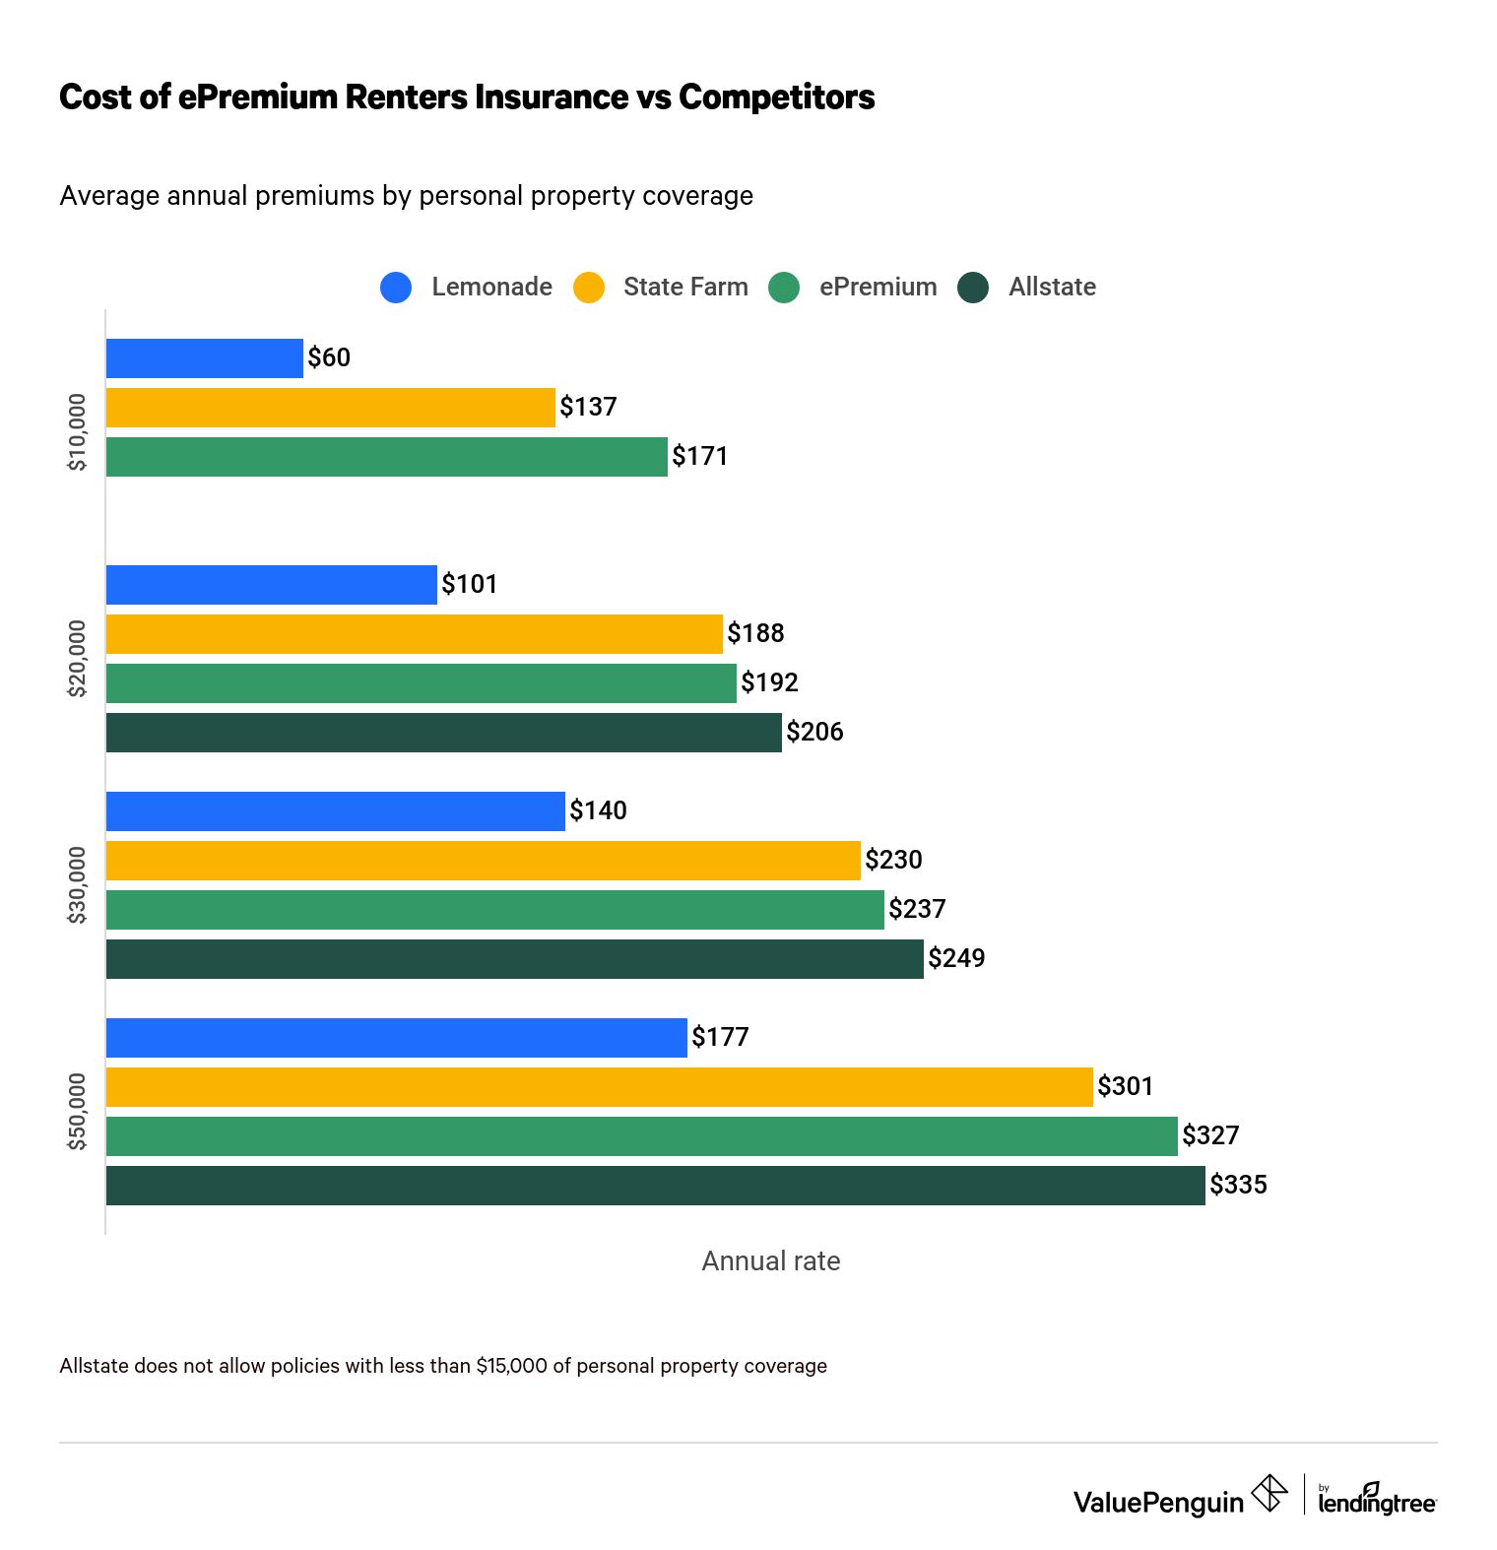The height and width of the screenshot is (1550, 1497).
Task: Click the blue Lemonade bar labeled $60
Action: pos(204,358)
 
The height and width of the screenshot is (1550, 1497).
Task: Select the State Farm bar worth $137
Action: pos(330,408)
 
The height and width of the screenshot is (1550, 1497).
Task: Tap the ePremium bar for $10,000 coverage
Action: pos(386,457)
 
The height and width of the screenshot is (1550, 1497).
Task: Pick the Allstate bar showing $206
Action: pos(443,733)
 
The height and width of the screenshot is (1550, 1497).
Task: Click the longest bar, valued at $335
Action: pos(655,1186)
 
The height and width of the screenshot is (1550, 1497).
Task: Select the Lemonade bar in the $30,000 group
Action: pos(335,811)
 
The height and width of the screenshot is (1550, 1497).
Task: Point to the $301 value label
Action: pos(1125,1086)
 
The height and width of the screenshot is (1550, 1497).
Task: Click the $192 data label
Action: pos(769,682)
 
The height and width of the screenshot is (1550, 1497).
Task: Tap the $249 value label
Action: pos(956,958)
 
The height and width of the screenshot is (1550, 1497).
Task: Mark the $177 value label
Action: pos(720,1037)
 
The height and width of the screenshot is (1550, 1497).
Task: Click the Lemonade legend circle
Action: pos(396,288)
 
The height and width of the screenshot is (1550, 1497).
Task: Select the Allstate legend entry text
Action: pos(1052,287)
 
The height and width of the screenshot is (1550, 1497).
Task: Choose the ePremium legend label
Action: pos(878,287)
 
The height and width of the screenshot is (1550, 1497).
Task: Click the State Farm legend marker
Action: pos(589,288)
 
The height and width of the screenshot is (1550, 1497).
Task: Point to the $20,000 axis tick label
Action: pos(77,658)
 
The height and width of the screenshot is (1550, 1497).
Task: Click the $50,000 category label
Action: pos(77,1111)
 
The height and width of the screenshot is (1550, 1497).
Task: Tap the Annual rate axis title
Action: pos(770,1261)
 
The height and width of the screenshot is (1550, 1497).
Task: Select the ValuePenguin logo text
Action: pos(1158,1502)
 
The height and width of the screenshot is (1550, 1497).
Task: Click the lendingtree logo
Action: pos(1377,1499)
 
